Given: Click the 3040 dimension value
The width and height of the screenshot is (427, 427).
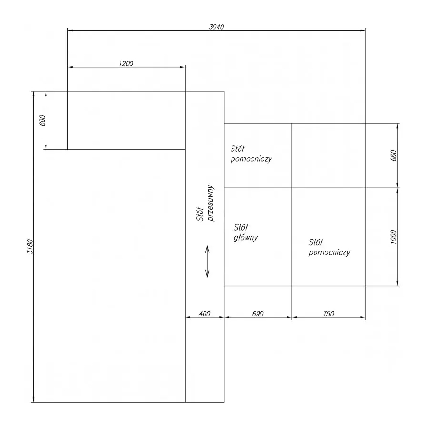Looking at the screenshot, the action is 216,27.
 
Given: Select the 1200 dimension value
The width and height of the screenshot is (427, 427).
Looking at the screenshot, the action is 126,64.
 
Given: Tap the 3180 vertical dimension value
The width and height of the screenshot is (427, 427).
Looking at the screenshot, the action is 30,247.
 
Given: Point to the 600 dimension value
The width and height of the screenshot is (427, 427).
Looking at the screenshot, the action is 43,121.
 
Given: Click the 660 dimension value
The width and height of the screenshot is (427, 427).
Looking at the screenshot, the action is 393,156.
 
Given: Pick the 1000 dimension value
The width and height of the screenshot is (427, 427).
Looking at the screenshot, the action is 393,237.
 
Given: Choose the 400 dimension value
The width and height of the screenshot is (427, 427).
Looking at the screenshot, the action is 204,314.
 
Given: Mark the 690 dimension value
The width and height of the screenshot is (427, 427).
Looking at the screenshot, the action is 258,314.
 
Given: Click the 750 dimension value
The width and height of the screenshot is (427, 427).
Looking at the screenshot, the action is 328,314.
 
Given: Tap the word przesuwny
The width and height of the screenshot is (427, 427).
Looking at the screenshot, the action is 211,203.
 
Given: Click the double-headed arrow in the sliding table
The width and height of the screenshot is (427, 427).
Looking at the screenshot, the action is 207,261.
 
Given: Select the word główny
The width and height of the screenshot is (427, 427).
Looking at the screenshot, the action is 246,238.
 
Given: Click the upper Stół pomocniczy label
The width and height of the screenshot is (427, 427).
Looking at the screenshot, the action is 251,154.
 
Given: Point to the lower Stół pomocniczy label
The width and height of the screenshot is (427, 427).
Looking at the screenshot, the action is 329,247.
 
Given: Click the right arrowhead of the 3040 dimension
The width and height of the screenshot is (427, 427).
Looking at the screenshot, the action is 363,31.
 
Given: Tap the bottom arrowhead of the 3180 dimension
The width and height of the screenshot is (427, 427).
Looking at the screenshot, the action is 34,399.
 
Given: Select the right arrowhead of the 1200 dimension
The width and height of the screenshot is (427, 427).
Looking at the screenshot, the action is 183,67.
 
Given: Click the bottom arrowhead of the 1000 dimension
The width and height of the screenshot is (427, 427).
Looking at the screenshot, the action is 397,283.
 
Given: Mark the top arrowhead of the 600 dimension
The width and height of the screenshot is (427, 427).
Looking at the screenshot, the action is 46,94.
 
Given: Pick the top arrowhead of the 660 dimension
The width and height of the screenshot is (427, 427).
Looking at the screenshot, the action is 397,126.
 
